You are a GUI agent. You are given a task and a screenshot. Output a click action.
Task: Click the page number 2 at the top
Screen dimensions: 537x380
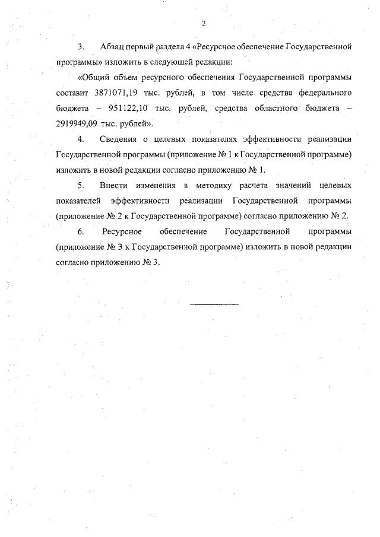(203, 23)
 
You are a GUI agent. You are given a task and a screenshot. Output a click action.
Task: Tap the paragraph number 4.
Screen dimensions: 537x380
(80, 139)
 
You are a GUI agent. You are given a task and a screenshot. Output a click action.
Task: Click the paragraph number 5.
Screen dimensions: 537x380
(80, 186)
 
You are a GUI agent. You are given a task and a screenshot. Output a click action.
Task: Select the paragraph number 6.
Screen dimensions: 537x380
(80, 231)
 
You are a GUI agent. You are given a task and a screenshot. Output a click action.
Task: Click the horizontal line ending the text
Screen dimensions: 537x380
(214, 304)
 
